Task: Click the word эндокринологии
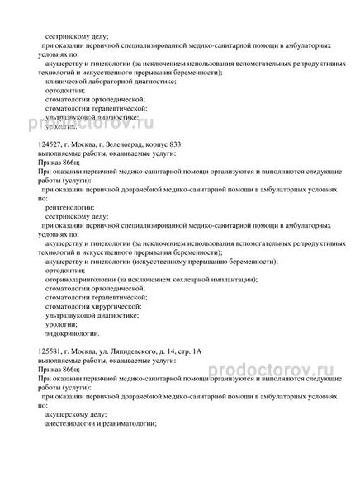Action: click(73, 333)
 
